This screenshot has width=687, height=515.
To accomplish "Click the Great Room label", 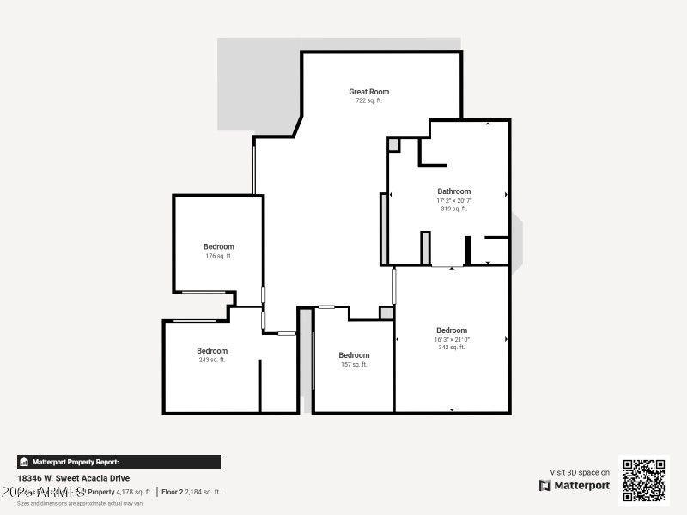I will [368, 92].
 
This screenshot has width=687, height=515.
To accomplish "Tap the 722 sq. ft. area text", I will [368, 100].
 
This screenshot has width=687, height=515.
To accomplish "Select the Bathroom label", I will [453, 191].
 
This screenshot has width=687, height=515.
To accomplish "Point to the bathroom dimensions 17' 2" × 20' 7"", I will [453, 200].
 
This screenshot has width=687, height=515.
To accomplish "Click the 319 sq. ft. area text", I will [453, 209].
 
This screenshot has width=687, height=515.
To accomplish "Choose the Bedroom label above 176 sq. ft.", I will [218, 247].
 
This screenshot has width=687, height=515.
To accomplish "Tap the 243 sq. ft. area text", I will [212, 360].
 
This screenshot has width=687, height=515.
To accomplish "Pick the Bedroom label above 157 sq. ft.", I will [354, 355].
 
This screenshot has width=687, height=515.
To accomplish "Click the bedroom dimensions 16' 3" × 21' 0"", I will [452, 339].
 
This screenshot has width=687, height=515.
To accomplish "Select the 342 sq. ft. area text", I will [452, 348].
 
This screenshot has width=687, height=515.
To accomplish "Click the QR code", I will [644, 481].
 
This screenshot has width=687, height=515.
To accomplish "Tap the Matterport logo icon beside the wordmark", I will [545, 486].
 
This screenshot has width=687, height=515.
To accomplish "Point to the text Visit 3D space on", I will [580, 472].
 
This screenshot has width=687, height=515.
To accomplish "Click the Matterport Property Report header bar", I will [119, 462].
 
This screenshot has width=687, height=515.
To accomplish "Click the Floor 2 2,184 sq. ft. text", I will [192, 492].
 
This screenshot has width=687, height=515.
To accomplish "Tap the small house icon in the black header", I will [24, 462].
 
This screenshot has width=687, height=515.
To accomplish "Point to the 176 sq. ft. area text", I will [218, 256].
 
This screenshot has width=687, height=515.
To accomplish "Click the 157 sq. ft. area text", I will [354, 364].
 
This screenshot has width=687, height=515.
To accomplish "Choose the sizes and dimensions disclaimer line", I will [81, 503].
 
